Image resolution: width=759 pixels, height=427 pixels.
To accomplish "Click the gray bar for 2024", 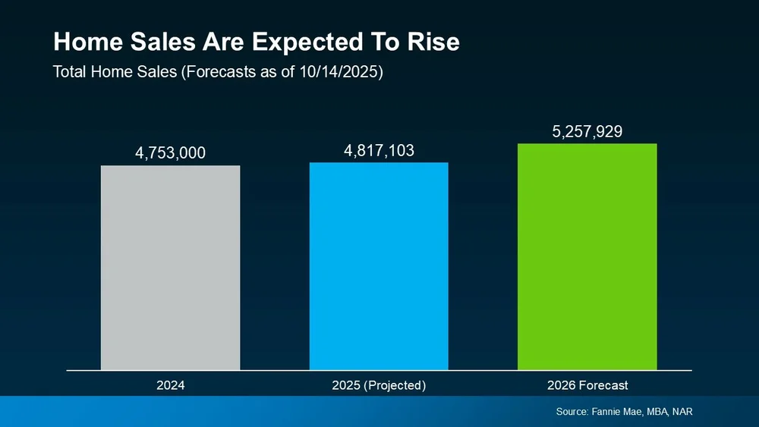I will click(x=170, y=267).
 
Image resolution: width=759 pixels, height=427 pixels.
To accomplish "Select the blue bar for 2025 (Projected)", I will click(x=379, y=265).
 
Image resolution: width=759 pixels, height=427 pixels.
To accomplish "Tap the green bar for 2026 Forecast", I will click(x=587, y=256).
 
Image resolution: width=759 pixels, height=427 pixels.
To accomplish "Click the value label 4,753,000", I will click(x=170, y=153).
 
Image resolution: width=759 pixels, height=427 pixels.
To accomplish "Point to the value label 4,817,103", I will click(x=379, y=150).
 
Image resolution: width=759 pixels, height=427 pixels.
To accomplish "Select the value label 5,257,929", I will click(x=587, y=132).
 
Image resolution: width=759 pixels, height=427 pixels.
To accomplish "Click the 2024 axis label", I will click(x=170, y=385).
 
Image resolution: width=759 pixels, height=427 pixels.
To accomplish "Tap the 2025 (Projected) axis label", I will click(x=379, y=385).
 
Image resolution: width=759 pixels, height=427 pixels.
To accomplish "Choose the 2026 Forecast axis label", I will click(x=587, y=385).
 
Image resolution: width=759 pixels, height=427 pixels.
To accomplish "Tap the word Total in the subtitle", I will click(x=69, y=73).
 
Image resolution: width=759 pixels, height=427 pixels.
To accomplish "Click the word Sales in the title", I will click(x=160, y=42).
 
